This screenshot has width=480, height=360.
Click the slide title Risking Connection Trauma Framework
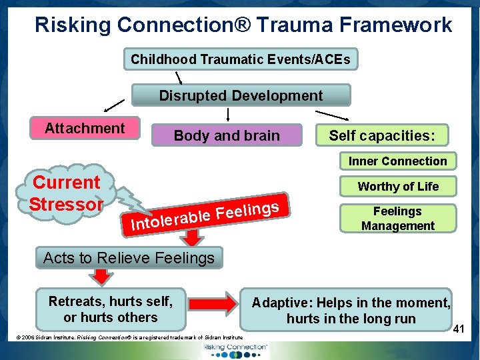coord(243,25)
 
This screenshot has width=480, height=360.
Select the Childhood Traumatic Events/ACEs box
coord(240,59)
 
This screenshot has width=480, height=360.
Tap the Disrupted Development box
coord(241,95)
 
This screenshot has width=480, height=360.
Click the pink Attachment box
coord(85,128)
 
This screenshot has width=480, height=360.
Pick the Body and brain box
coord(227,135)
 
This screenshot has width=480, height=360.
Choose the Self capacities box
coord(382,135)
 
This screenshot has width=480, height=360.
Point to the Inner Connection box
coord(397,161)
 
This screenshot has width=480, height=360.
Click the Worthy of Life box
coord(398,187)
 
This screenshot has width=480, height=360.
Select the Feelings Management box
coord(397,219)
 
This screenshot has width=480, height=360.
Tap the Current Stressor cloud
coord(67,193)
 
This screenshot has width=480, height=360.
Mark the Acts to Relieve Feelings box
coord(129,257)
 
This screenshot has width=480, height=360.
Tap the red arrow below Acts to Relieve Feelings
coord(101,276)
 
